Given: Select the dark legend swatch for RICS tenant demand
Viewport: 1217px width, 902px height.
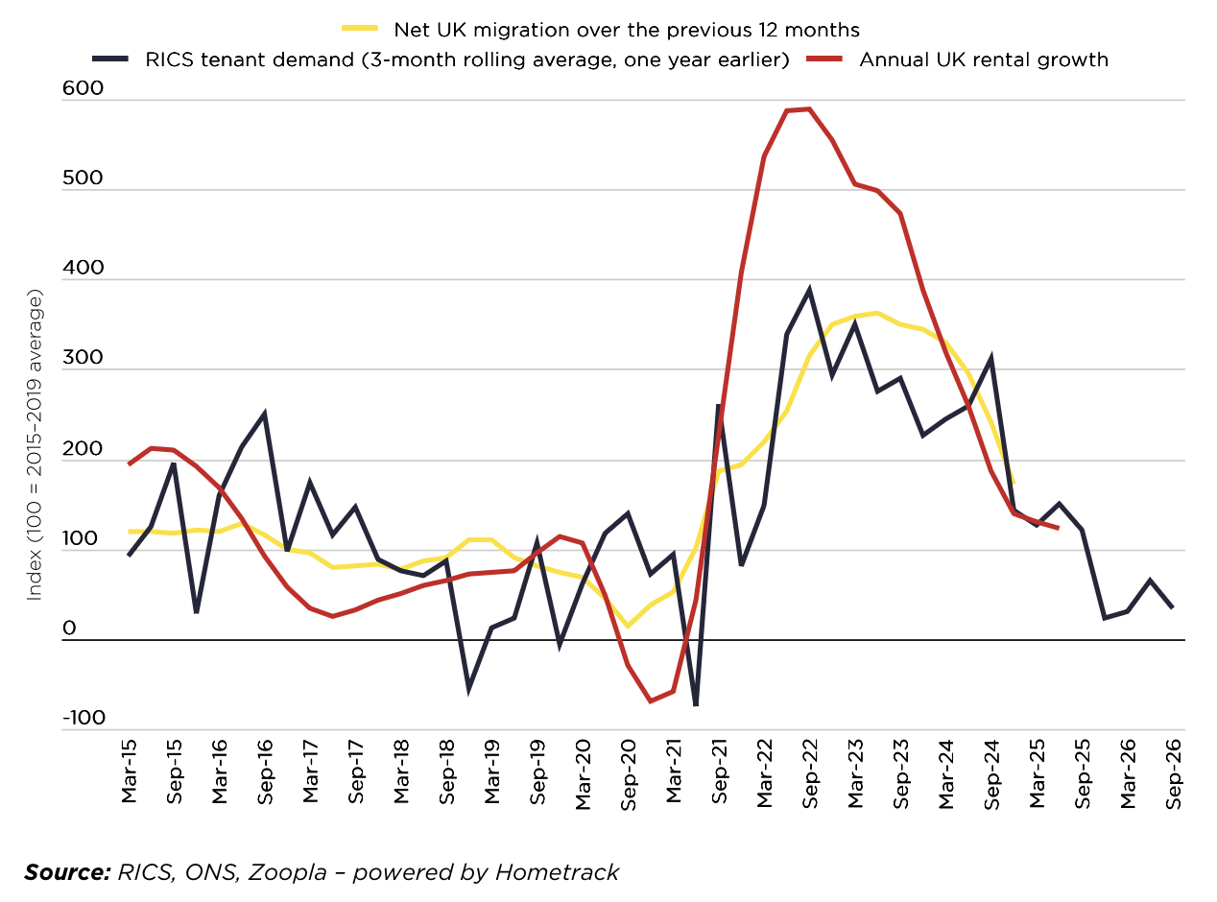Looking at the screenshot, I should pos(110,59).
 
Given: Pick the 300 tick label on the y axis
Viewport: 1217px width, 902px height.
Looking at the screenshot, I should pos(81,358).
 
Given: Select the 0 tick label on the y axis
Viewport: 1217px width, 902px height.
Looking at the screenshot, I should pos(69,629).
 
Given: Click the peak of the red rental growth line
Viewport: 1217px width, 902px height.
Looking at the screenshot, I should pos(809,108).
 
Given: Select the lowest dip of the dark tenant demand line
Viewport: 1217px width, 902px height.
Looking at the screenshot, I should pos(695,705).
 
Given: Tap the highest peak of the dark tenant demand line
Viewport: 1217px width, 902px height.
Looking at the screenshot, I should pos(809,289).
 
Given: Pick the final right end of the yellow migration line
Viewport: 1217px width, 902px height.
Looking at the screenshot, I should pos(1014,483).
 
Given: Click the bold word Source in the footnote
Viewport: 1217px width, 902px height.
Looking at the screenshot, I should pos(67,872).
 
